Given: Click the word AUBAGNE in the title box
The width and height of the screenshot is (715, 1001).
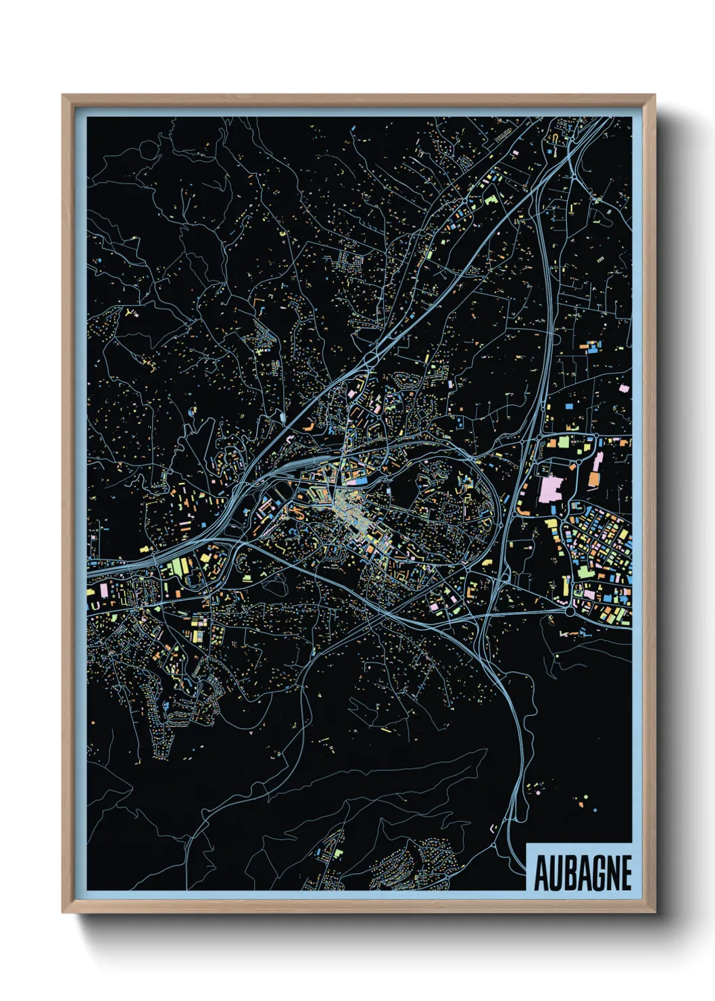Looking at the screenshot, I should coord(583,873).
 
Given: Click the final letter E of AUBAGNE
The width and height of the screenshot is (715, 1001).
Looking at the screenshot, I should coord(625,873).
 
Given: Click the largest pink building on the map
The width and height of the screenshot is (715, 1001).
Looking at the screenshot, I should coord(551,488).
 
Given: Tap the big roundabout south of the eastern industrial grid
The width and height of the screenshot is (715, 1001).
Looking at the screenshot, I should coord(570,611).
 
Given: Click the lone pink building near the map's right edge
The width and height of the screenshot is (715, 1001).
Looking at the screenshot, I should coord(623,388).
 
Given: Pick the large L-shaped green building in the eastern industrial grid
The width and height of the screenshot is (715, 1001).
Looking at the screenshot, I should coord(582,569).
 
